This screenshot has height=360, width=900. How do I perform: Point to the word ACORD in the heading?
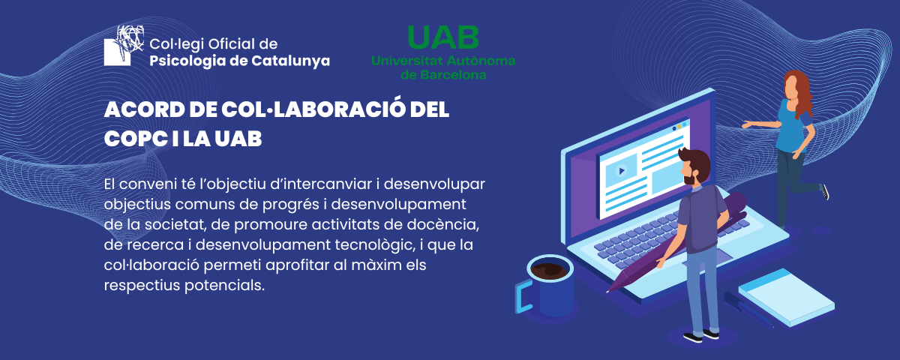[136, 109]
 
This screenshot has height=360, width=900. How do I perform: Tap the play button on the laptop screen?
[621, 170]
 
